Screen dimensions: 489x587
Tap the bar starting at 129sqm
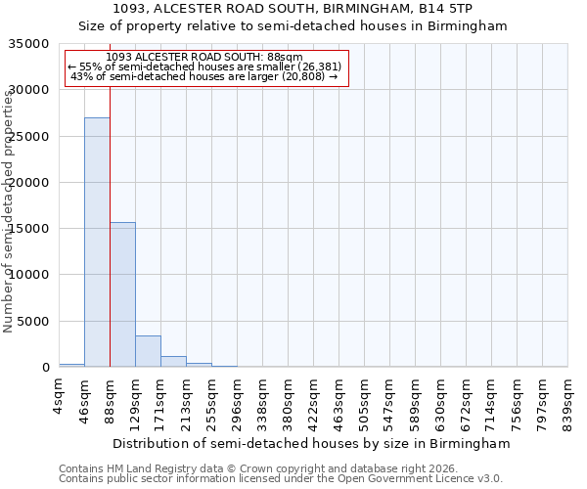[148, 351]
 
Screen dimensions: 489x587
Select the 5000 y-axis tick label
[34, 322]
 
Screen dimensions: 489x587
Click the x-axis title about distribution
[312, 443]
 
